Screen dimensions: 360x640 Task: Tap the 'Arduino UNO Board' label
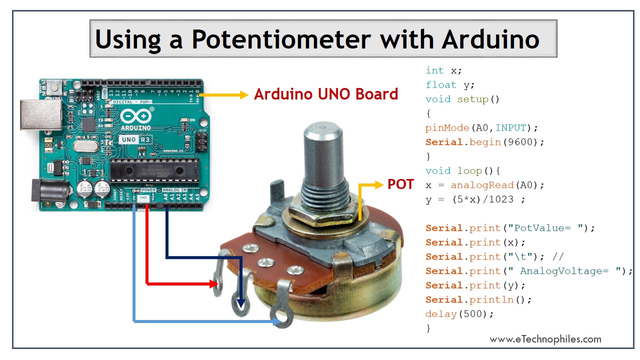326,94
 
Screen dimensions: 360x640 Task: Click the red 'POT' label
400,184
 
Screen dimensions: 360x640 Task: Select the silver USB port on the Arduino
37,115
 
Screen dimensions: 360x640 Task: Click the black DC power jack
48,192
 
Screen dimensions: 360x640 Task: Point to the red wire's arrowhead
215,284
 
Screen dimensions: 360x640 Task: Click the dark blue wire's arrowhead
241,304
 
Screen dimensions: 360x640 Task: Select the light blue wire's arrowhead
276,321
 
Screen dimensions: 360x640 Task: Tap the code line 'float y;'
450,85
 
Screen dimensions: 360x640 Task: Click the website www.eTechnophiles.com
545,339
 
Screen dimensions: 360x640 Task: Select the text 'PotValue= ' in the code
546,228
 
